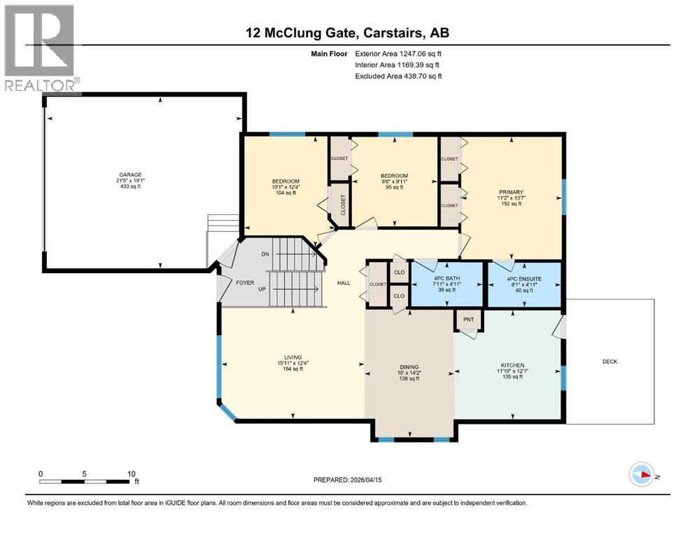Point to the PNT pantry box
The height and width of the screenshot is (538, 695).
pos(468,319)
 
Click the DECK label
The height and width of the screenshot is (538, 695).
pos(610,361)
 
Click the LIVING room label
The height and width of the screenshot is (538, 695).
pos(290,357)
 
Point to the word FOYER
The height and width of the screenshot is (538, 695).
pos(245,284)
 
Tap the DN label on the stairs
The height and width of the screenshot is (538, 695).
pos(265,254)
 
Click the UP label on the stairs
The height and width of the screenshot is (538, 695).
pos(261,289)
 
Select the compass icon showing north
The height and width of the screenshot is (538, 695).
pos(640,474)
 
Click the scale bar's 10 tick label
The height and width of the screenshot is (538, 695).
pos(131,474)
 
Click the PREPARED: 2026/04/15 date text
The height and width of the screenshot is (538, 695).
pos(347,480)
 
